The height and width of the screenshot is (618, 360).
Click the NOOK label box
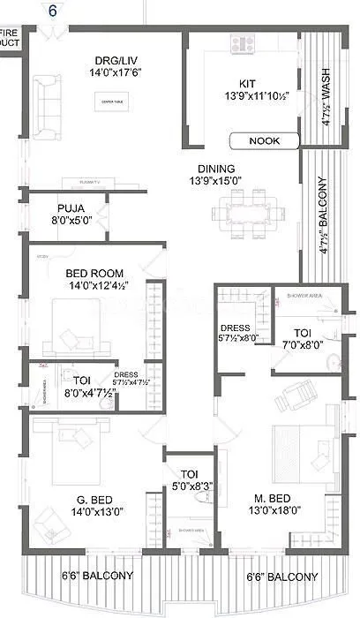[x=264, y=140]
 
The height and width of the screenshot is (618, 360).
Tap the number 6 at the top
[x=52, y=11]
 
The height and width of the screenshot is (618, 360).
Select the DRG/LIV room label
[x=116, y=61]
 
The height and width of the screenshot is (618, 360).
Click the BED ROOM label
[x=94, y=273]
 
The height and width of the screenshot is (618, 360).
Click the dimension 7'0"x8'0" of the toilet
[x=303, y=346]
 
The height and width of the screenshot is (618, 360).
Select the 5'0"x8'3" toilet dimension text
[x=189, y=486]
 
